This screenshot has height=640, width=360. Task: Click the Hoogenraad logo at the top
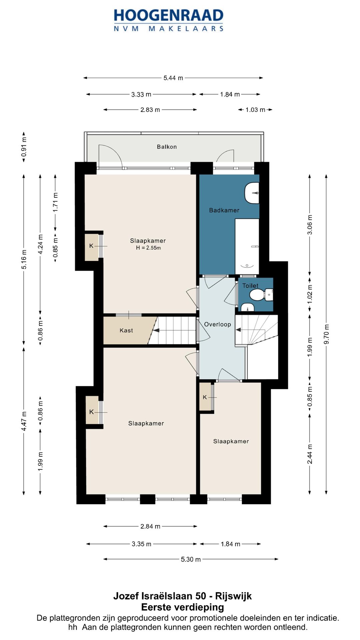click(x=169, y=20)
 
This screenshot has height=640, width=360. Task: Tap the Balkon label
click(x=167, y=147)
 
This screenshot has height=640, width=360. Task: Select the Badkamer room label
click(x=224, y=210)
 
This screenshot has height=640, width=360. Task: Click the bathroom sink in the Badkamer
click(x=252, y=193)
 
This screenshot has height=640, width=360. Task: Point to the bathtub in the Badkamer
click(x=247, y=246)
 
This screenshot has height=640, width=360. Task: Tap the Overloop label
click(x=217, y=324)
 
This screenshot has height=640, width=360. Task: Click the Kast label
click(x=126, y=330)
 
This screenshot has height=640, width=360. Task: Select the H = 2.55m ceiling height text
click(x=148, y=248)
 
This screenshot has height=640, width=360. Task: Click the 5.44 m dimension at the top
click(x=173, y=78)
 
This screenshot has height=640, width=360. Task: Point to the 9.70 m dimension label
click(x=327, y=334)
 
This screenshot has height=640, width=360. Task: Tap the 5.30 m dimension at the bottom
click(x=191, y=559)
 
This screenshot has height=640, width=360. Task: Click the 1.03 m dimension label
click(x=255, y=110)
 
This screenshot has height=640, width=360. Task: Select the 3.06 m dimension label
click(x=310, y=224)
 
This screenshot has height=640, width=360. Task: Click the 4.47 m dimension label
click(x=24, y=421)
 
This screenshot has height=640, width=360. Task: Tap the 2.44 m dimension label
click(x=310, y=454)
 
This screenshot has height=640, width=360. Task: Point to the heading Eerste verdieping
click(x=182, y=607)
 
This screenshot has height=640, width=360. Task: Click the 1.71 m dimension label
click(x=56, y=202)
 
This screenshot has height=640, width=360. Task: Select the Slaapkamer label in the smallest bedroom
click(x=231, y=441)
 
